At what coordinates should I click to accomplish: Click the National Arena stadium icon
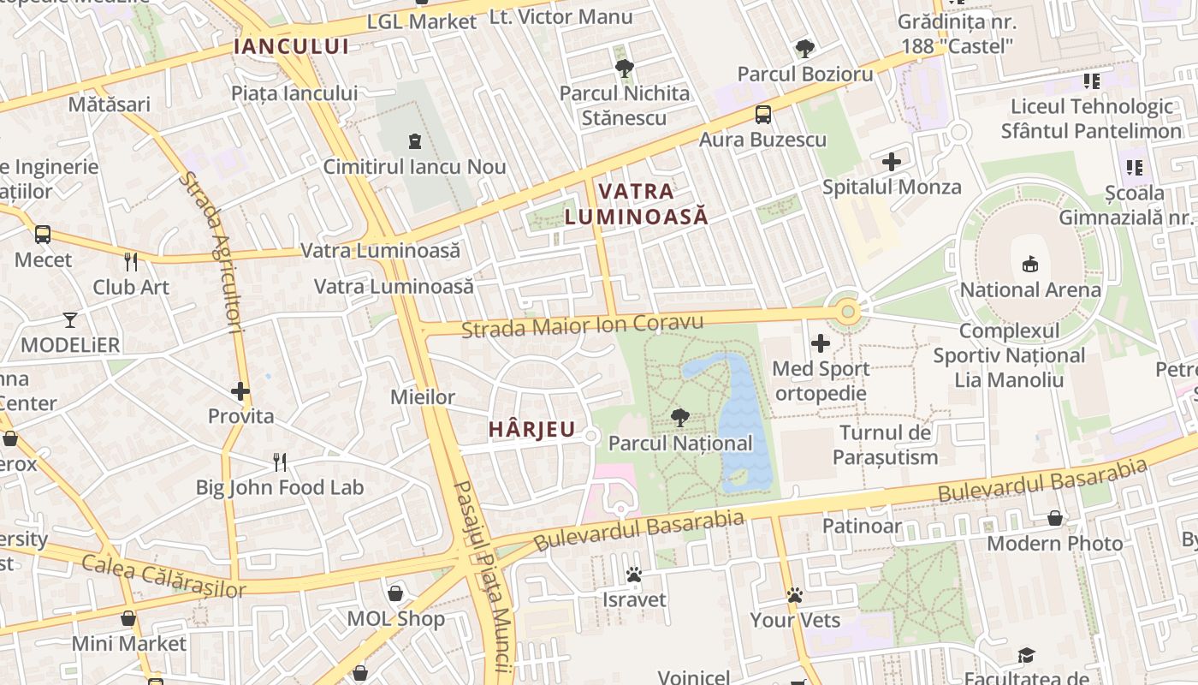click(1030, 265)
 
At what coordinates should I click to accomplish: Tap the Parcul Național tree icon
click(680, 418)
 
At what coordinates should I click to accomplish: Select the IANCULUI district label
click(292, 46)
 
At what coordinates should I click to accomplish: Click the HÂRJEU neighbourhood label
click(531, 430)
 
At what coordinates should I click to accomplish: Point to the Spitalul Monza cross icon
click(892, 161)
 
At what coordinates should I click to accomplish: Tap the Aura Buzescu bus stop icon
click(762, 114)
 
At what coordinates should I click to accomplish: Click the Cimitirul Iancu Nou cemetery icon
click(415, 140)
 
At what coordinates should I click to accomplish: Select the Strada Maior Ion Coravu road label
click(582, 325)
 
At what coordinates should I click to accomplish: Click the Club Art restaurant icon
click(131, 261)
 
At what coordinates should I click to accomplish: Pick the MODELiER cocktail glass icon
click(70, 320)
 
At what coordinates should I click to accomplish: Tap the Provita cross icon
click(240, 391)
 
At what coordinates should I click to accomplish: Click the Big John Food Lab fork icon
click(280, 462)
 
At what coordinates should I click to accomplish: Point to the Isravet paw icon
click(634, 575)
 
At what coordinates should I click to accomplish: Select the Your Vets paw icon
click(795, 594)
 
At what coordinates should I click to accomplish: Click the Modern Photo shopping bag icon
click(1055, 518)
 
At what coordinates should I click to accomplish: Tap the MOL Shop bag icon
click(395, 593)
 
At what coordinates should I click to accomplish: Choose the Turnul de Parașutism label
click(885, 444)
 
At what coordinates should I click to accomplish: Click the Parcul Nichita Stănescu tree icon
click(624, 68)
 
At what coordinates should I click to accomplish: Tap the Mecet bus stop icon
click(42, 234)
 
